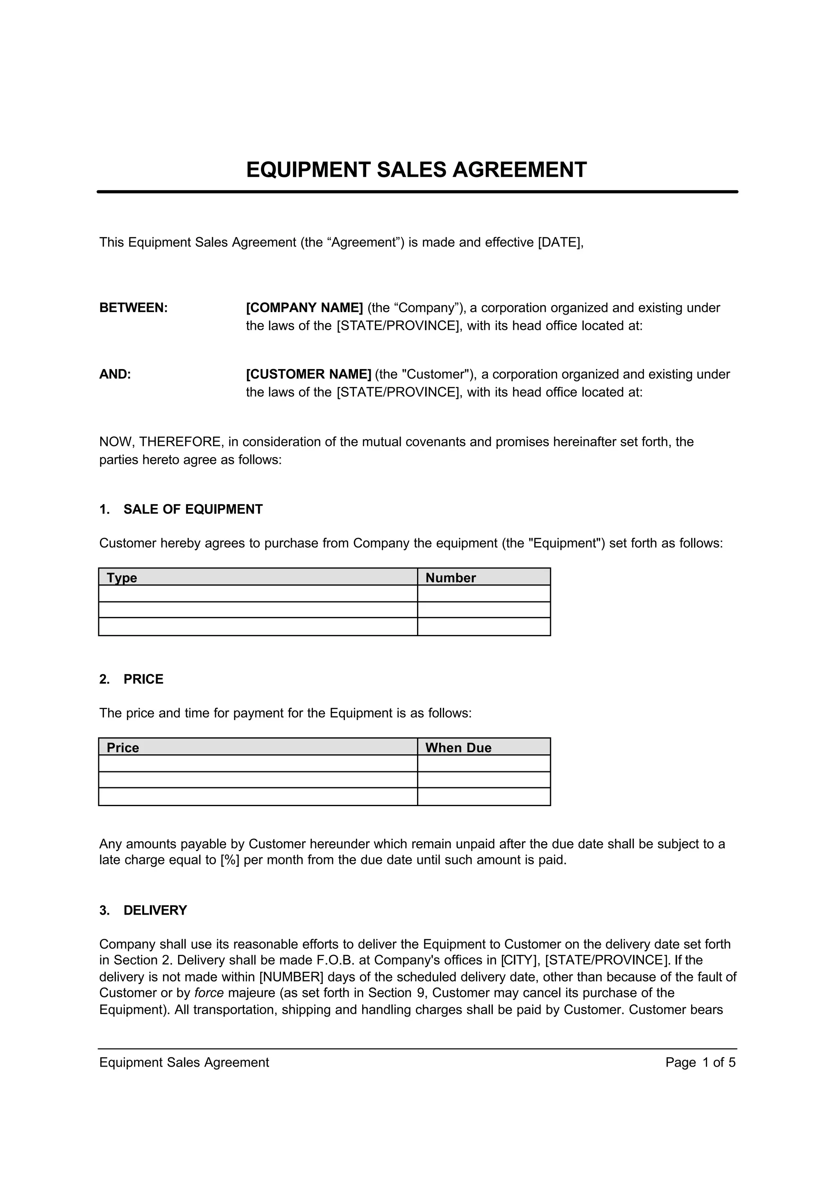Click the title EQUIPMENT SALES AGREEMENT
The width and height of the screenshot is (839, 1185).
coord(416,170)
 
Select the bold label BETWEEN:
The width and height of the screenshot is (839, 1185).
coord(133,308)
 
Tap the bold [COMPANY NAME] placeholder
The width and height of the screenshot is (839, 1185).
coord(304,308)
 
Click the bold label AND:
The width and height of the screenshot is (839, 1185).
coord(115,374)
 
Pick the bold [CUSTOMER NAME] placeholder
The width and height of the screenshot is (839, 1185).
coord(308,374)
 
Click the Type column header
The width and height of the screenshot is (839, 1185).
coord(122,578)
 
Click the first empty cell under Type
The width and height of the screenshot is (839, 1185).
coord(257,594)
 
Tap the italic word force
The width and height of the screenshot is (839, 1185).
coord(209,993)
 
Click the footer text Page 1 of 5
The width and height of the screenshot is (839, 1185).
coord(700,1062)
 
